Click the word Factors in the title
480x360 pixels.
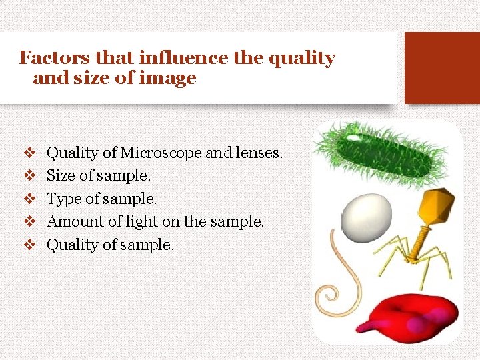click(48, 58)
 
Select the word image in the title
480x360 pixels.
click(173, 78)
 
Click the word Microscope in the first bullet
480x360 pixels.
click(161, 153)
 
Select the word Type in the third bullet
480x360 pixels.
click(61, 199)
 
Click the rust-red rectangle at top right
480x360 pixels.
click(442, 67)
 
